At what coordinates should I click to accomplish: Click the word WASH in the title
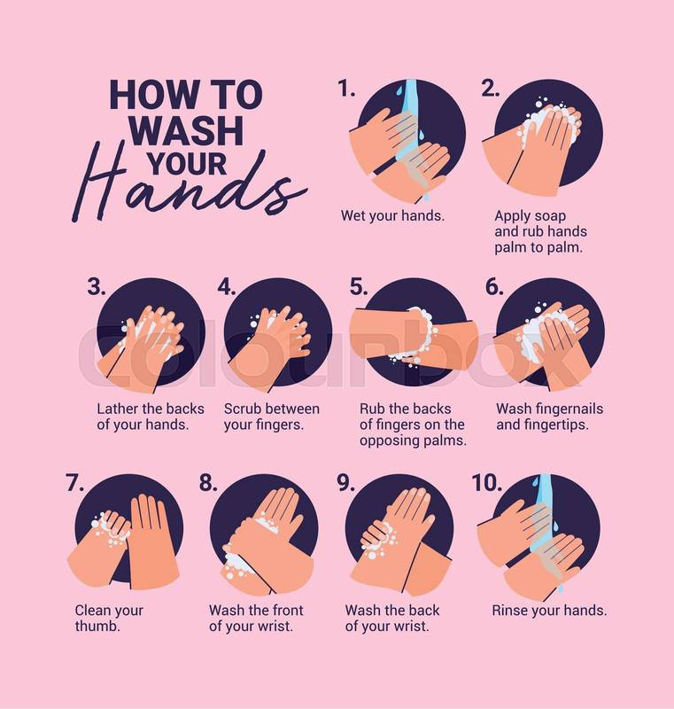coord(188,130)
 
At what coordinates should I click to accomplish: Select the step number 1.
coord(347,90)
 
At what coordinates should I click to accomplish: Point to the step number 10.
coord(487,483)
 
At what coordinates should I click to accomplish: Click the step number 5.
coord(359,286)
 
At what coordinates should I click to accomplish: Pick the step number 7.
coord(75,483)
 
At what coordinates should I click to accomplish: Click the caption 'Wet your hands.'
coord(392,215)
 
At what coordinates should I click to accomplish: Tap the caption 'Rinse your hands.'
coord(549,611)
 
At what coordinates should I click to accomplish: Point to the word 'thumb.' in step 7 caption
coord(97,627)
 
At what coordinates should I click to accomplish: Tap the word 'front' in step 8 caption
coord(286,611)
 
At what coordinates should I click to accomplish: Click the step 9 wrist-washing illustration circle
coord(400,536)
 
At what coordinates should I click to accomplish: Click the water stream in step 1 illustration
coord(412,136)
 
